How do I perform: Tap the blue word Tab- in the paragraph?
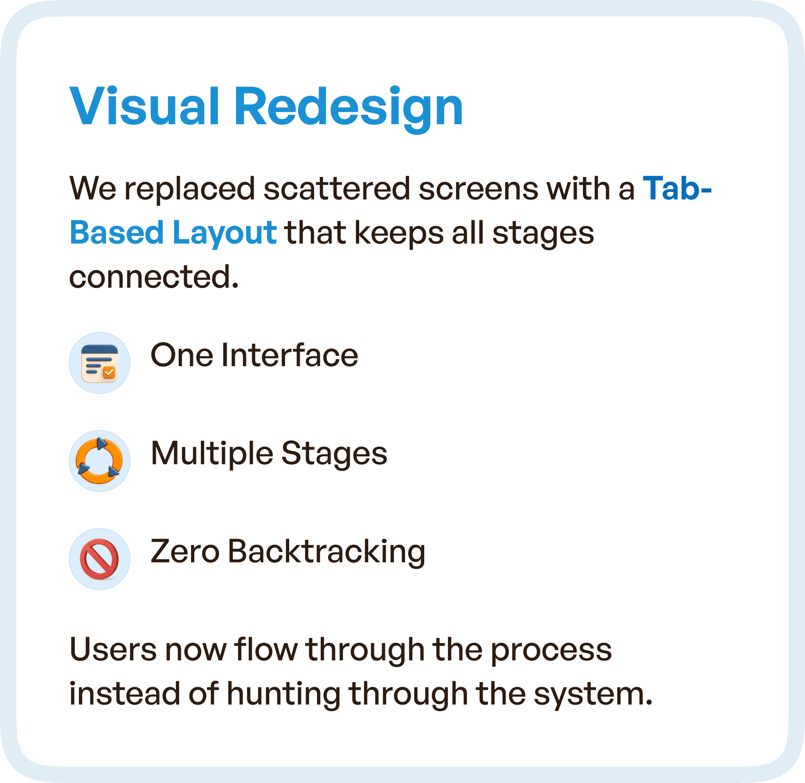(677, 188)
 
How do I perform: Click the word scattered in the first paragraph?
(337, 188)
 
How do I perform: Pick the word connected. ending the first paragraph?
(153, 276)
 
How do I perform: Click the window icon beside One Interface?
(99, 363)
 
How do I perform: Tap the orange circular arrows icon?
(99, 461)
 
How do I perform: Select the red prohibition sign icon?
(99, 559)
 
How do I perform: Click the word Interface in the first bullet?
(290, 355)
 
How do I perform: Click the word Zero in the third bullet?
(185, 551)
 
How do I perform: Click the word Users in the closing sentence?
(113, 650)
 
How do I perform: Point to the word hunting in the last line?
(283, 694)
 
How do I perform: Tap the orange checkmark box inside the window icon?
(110, 372)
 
